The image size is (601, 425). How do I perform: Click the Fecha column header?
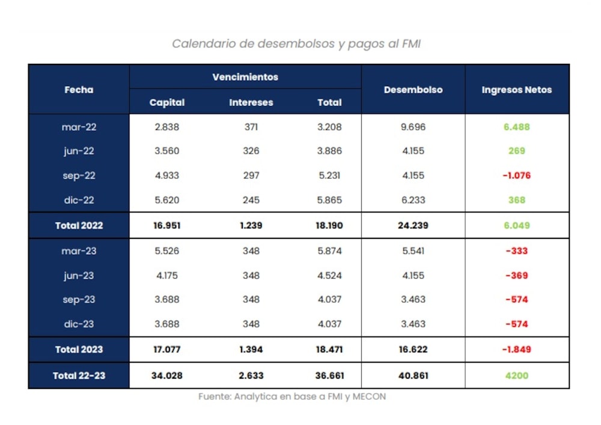(x=79, y=90)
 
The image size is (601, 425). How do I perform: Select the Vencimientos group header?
(x=245, y=77)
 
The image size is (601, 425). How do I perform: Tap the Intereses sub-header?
(x=251, y=102)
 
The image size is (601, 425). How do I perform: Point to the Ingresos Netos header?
(x=516, y=90)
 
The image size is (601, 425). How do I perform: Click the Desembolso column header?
(x=413, y=90)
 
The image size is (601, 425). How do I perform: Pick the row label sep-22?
(x=79, y=176)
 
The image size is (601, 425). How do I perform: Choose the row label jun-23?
(x=79, y=276)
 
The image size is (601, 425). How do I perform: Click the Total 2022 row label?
(x=79, y=226)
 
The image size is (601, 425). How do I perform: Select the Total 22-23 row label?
(x=79, y=376)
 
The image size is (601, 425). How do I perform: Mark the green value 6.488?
(x=516, y=127)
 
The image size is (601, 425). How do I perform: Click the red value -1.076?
(x=516, y=176)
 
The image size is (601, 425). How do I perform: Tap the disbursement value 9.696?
(x=413, y=127)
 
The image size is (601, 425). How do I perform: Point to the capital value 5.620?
(x=167, y=200)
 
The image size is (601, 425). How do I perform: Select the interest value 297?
(x=251, y=176)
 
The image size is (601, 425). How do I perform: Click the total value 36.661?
(x=329, y=376)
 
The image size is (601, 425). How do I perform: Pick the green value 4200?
(x=516, y=376)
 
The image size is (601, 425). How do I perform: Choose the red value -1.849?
(x=516, y=349)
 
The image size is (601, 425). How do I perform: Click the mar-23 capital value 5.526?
(x=167, y=251)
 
